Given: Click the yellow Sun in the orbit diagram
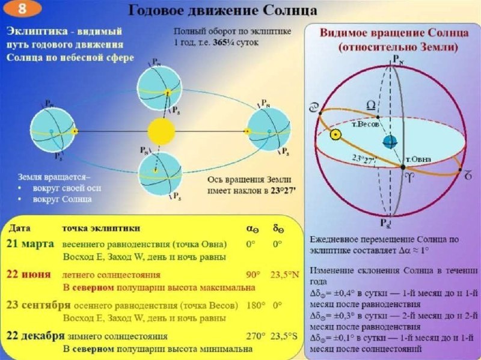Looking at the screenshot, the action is (x=160, y=130).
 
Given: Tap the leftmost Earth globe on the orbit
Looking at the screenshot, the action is (x=54, y=130).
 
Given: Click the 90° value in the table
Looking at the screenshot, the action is (x=253, y=275).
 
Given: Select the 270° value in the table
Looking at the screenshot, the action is (x=254, y=336).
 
